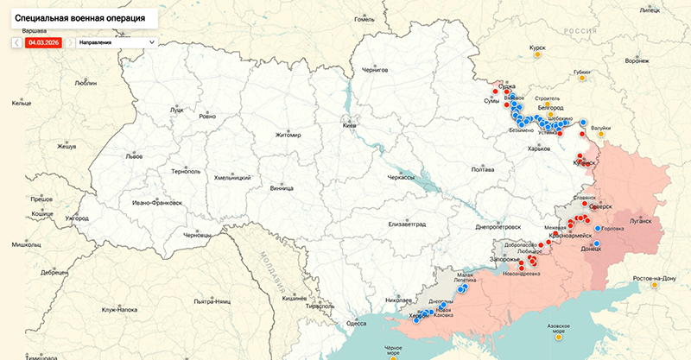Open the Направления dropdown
point(116,41)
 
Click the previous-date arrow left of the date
point(16,41)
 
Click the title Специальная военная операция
point(79,17)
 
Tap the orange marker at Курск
point(537,55)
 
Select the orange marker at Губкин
point(583,79)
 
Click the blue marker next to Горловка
point(598,228)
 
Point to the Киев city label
point(350,126)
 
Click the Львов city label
point(134,156)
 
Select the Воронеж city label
point(637,61)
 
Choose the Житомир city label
point(288,136)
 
